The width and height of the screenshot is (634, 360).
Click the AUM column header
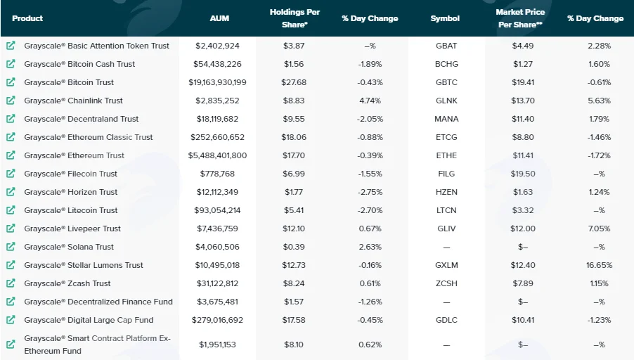pos(219,18)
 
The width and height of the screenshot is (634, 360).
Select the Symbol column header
pos(445,18)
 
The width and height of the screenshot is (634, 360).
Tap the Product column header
pos(27,18)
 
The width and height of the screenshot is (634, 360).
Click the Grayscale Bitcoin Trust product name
pos(69,82)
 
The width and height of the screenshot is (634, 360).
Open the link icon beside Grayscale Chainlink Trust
pos(11,101)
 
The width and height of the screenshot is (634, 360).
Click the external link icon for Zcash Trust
pos(11,283)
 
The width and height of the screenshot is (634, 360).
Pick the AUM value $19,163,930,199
pos(217,82)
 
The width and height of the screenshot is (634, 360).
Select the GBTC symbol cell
pos(446,82)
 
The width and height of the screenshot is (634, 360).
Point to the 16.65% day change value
pos(600,265)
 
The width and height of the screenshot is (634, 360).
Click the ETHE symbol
pos(446,155)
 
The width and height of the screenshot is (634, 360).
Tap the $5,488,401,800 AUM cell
pos(217,155)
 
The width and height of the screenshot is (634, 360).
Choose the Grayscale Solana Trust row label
pos(69,247)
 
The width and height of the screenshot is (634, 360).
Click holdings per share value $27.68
pos(294,82)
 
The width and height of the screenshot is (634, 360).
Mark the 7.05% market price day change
pos(600,229)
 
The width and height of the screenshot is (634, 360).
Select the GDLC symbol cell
pos(446,320)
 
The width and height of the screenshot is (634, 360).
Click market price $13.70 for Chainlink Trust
pos(523,101)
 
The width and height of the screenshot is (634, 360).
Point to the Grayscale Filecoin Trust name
pos(70,174)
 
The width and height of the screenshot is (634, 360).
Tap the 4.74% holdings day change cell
pos(370,101)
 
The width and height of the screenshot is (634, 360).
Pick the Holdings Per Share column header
pos(295,18)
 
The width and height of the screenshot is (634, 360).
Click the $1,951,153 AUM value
pos(217,345)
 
